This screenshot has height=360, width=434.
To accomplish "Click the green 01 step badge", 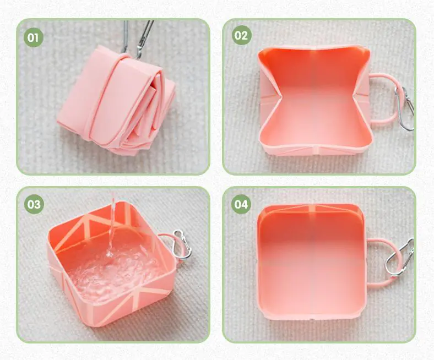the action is [x=33, y=37].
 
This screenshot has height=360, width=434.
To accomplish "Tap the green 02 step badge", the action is [x=241, y=35].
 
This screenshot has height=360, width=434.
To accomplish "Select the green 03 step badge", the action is [x=34, y=204].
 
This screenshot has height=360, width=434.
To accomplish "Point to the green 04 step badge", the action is [x=241, y=204].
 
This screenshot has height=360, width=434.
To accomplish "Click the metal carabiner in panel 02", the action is [x=404, y=109].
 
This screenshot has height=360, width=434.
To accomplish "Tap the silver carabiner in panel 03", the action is [x=182, y=244].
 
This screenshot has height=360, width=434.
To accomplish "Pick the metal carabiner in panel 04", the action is [x=400, y=258].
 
